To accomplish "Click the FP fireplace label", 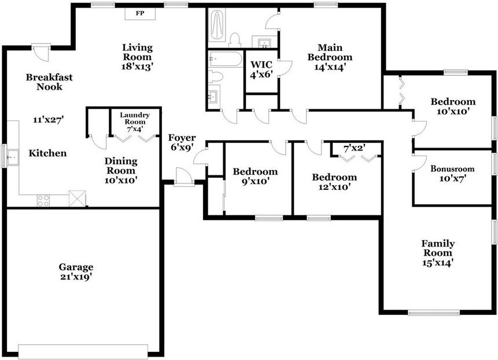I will [139, 13].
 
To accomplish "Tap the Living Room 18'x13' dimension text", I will [137, 67].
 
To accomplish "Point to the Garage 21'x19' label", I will [76, 272].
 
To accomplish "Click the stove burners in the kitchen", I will [43, 200].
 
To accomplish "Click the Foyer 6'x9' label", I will [182, 143].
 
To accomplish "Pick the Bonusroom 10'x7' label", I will [452, 174].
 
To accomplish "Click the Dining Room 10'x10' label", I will [121, 170].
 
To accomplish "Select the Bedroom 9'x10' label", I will [255, 176].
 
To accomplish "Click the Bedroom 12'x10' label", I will [334, 182].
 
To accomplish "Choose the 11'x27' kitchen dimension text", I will [49, 120].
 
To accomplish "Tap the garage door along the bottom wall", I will [83, 351].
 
